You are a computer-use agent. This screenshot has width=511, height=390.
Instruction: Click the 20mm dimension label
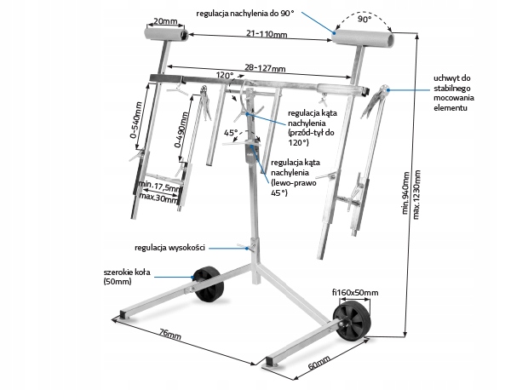pyautogui.click(x=165, y=21)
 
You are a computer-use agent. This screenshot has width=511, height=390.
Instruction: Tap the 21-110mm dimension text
pyautogui.click(x=267, y=33)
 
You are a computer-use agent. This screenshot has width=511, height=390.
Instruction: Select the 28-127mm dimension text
pyautogui.click(x=265, y=68)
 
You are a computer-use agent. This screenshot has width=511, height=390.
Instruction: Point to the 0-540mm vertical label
pyautogui.click(x=137, y=120)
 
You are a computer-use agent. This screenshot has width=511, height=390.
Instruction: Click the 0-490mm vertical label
pyautogui.click(x=181, y=130)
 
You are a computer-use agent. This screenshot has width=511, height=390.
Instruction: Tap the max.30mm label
pyautogui.click(x=158, y=197)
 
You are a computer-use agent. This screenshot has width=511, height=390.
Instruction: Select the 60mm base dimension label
pyautogui.click(x=319, y=362)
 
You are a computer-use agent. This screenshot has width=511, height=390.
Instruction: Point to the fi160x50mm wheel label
pyautogui.click(x=355, y=293)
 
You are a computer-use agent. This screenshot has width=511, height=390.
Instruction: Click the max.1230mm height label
pyautogui.click(x=416, y=195)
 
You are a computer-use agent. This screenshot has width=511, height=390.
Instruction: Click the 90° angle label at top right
pyautogui.click(x=365, y=20)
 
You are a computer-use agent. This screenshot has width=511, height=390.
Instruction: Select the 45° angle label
pyautogui.click(x=231, y=133)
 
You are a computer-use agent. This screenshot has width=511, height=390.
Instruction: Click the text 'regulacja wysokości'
pyautogui.click(x=169, y=248)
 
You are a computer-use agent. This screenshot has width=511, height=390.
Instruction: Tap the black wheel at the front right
pyautogui.click(x=352, y=320)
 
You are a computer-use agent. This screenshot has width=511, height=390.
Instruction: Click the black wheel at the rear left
pyautogui.click(x=209, y=284)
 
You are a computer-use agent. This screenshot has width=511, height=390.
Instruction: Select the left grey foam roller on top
pyautogui.click(x=165, y=34)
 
